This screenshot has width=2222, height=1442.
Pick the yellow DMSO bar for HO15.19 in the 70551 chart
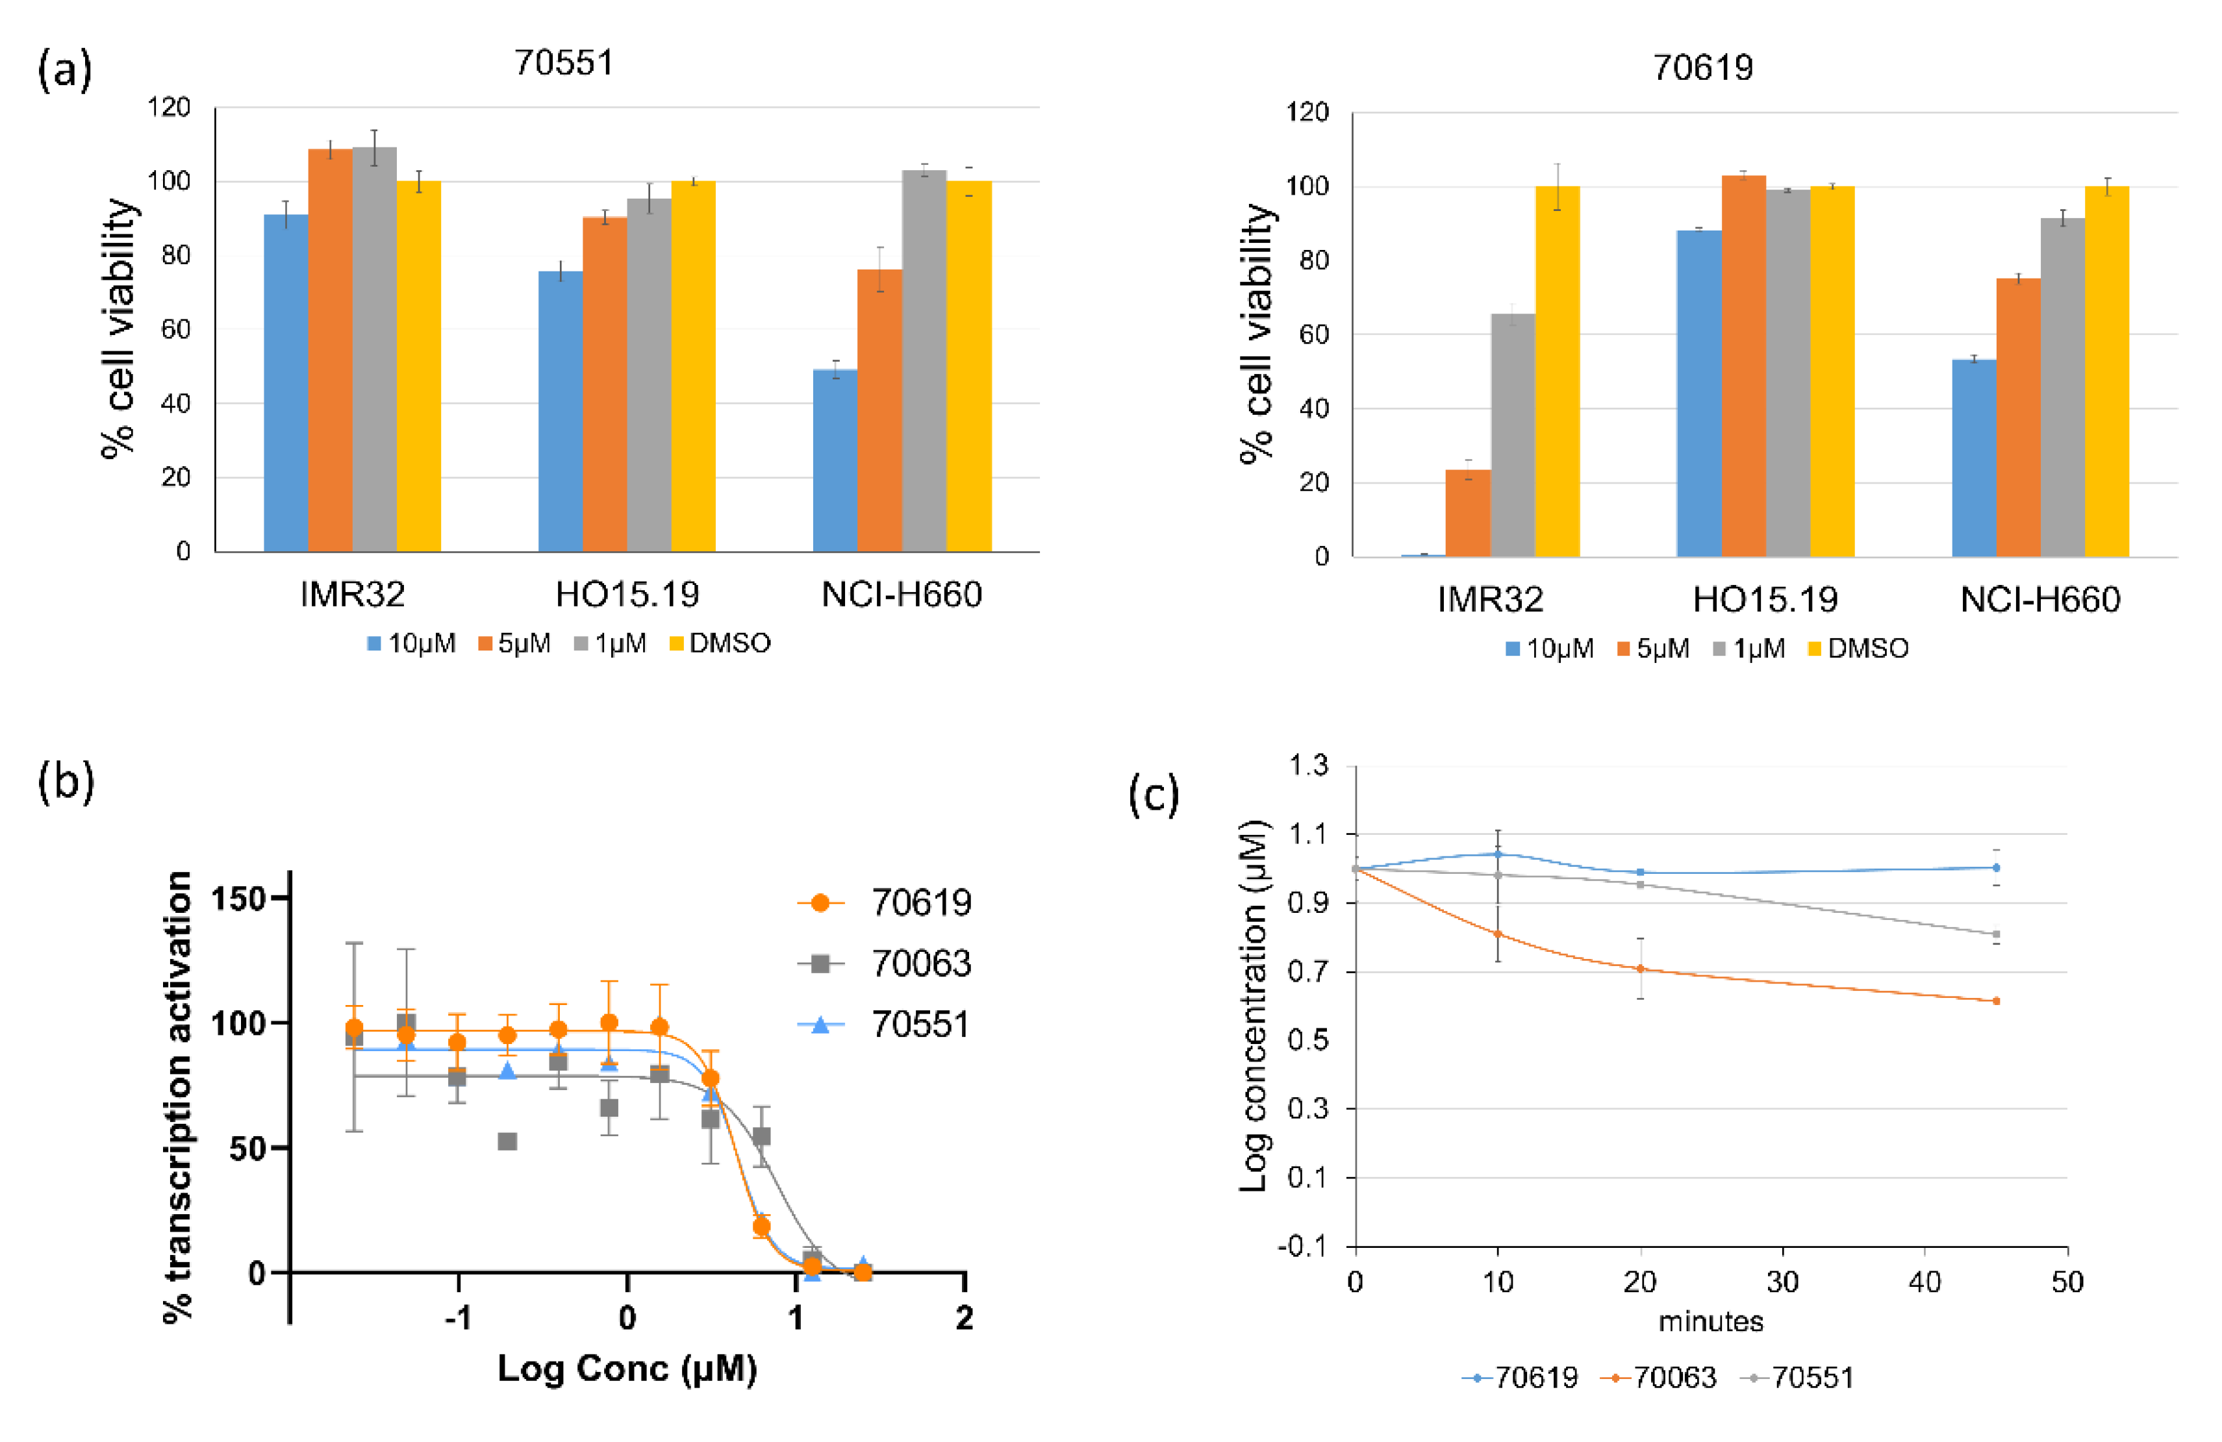tap(693, 366)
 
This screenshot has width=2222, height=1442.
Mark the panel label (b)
tap(66, 780)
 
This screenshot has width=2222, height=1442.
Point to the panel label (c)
tap(1154, 795)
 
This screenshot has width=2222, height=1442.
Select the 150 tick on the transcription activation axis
tap(239, 899)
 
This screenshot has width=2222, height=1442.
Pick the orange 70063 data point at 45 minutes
tap(1996, 1001)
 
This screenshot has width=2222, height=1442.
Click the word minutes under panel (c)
tap(1710, 1322)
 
